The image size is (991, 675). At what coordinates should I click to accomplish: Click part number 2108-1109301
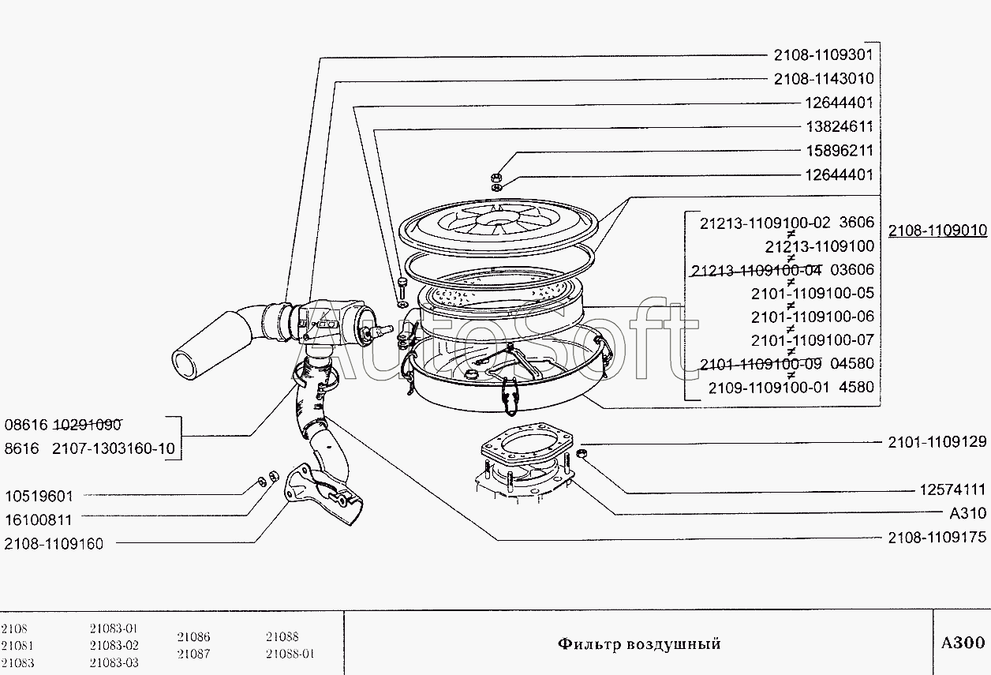tap(823, 55)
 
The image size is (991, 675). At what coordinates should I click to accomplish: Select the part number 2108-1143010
tap(824, 79)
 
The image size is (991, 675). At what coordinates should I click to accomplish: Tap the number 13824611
tap(840, 126)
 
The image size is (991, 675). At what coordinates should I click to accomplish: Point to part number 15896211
tap(840, 151)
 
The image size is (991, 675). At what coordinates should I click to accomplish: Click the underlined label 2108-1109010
tap(937, 231)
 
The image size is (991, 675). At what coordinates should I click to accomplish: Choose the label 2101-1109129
tap(937, 442)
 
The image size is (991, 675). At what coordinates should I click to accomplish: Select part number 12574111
tap(953, 489)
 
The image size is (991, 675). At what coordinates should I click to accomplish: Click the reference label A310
tap(968, 513)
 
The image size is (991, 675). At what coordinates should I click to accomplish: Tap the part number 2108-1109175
tap(937, 538)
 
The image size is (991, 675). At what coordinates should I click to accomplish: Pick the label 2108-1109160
tap(54, 543)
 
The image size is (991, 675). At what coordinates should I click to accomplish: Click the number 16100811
tap(38, 519)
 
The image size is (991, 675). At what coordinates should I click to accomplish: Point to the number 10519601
tap(39, 496)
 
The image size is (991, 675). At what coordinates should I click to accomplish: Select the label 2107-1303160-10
tap(114, 449)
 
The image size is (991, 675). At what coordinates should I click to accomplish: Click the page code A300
tap(963, 643)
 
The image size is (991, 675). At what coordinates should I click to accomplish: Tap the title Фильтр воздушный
tap(639, 643)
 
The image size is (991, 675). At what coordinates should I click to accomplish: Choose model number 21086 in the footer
tap(193, 636)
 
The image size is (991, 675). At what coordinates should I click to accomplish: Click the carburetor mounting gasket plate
tap(526, 444)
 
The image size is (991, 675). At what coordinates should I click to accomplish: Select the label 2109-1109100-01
tap(769, 388)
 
